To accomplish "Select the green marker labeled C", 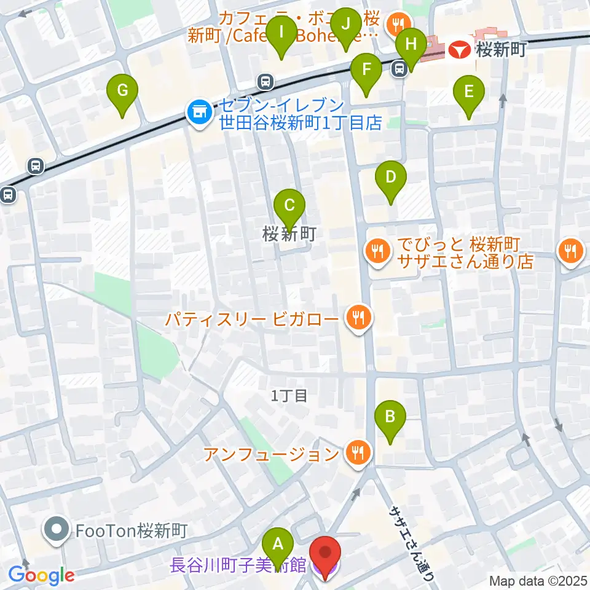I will coord(289,203).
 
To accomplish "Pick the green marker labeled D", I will coord(390,177).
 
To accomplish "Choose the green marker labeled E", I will coord(469,92).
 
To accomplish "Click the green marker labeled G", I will coord(123,91).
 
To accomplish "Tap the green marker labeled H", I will coord(411,44).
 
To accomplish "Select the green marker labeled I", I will coord(282,31).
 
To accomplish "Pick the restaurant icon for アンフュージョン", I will coord(357,453).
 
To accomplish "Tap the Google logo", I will coord(42,575).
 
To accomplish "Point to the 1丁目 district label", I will coord(289,396).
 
